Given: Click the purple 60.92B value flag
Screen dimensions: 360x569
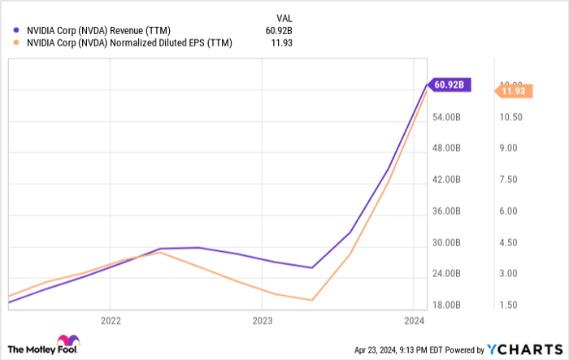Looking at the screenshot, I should (449, 84).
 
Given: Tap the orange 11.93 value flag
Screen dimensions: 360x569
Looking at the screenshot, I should (514, 92).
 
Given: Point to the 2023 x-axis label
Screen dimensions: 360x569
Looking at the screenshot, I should (262, 320).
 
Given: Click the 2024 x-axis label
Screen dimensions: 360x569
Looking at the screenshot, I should (414, 320).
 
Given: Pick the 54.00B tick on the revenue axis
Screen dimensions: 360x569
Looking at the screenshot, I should (447, 117).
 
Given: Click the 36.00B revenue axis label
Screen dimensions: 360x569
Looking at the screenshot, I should (447, 211).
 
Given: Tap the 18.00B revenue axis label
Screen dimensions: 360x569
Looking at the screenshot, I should (447, 306).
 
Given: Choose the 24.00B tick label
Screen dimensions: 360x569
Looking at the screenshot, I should (447, 274).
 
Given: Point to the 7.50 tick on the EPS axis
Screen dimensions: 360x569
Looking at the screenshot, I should (509, 180).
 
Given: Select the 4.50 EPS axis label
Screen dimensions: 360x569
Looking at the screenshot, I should (509, 243).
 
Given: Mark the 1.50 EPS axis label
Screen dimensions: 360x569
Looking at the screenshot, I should (509, 306).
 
